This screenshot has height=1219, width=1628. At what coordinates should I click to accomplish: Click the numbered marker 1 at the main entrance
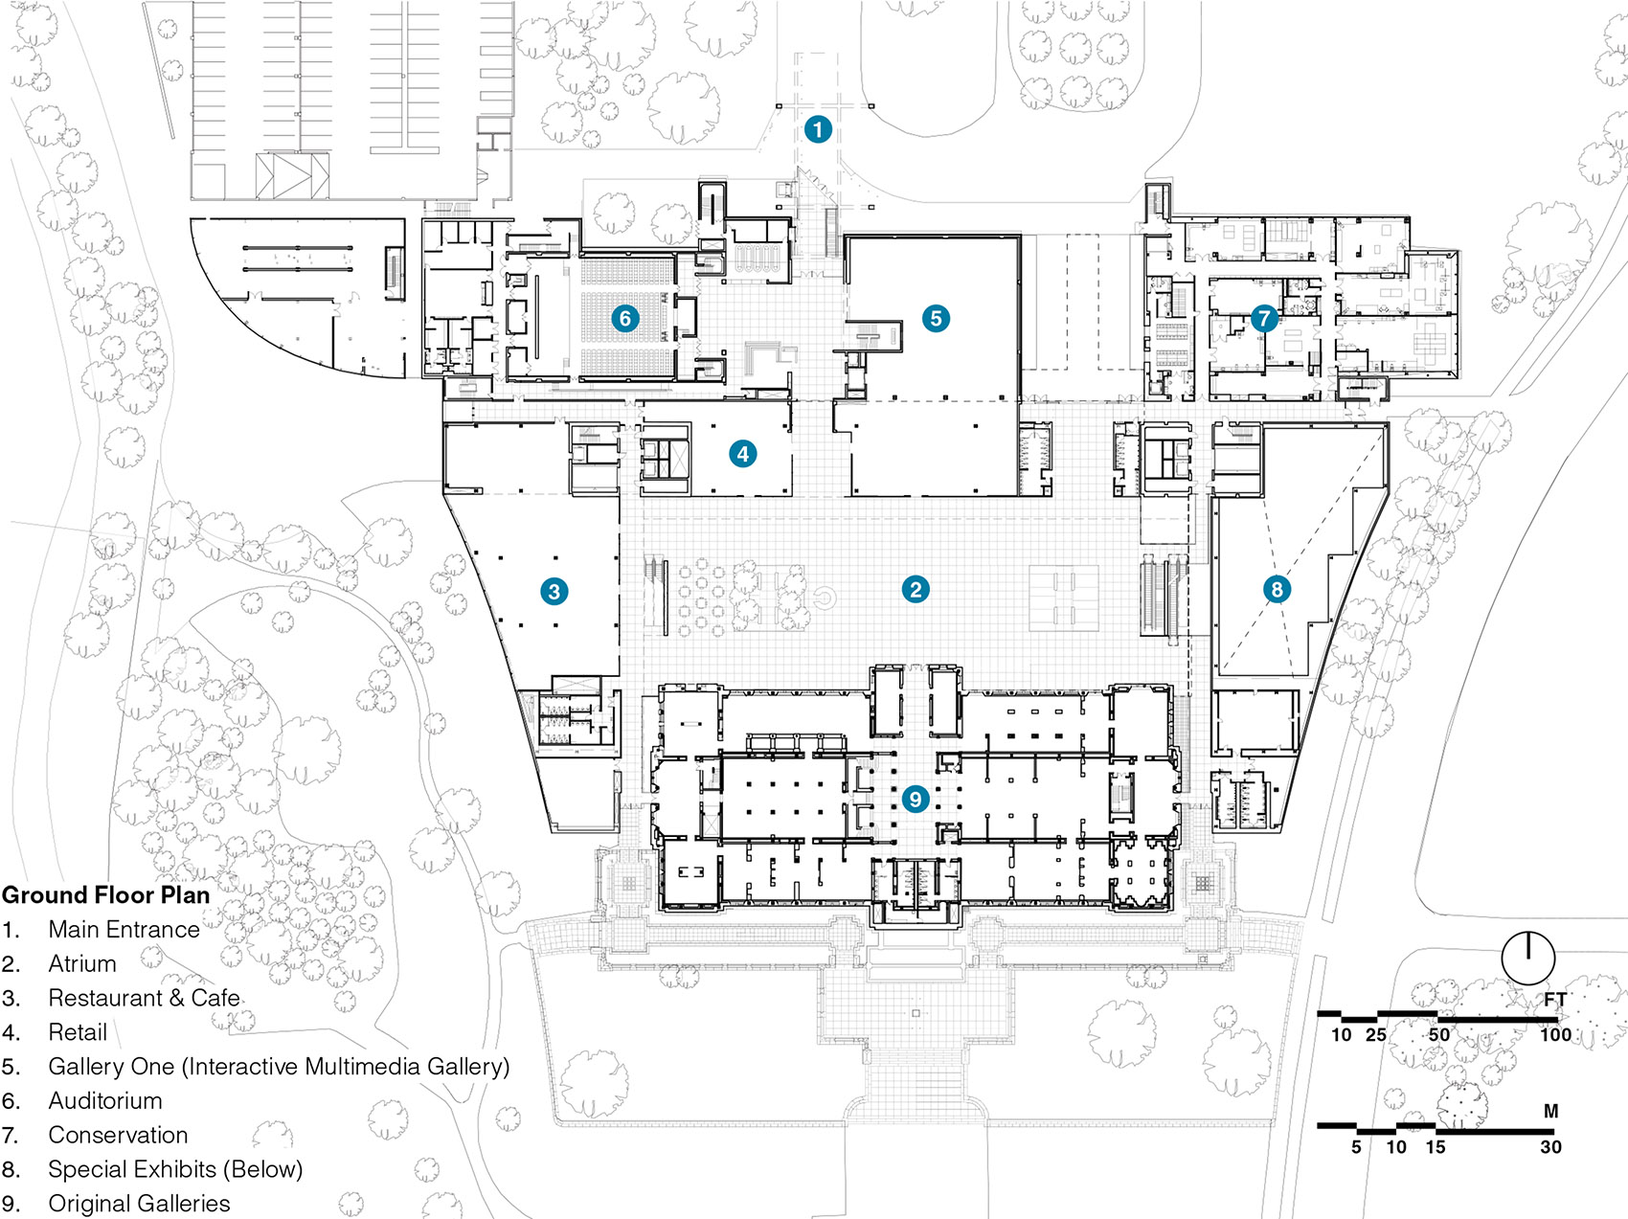pos(817,128)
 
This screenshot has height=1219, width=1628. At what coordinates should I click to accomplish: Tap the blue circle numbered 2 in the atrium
pos(916,589)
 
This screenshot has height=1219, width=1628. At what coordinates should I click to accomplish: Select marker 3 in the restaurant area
pos(554,591)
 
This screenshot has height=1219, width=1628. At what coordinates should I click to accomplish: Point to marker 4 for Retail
pos(743,453)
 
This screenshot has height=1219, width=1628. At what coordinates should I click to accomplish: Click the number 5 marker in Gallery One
pos(936,318)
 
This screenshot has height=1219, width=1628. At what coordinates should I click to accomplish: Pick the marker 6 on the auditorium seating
pos(625,318)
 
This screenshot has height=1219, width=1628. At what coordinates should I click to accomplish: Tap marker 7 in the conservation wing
pos(1264,318)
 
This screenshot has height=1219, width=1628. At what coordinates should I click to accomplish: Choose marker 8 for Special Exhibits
pos(1276,589)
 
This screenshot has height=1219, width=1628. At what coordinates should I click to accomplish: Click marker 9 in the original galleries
pos(916,798)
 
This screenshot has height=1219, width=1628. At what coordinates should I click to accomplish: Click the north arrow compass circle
pos(1527,957)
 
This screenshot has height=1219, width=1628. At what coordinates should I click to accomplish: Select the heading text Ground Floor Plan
pos(105,895)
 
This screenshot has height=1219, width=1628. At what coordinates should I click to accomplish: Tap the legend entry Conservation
pos(118,1135)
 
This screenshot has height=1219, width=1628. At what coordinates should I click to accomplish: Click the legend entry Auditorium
pos(105,1100)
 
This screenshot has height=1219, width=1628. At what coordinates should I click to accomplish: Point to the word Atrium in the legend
pos(82,963)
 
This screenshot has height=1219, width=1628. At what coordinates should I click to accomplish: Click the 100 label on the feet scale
pos(1555,1034)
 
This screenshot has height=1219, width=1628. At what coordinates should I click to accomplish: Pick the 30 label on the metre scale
pos(1550,1146)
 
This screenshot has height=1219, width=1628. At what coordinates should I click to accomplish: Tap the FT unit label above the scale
pos(1554,1000)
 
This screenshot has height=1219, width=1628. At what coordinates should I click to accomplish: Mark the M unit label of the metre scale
pos(1550,1112)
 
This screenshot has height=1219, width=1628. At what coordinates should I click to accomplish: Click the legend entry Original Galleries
pos(139,1204)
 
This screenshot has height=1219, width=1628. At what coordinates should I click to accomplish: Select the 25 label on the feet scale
pos(1375,1034)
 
